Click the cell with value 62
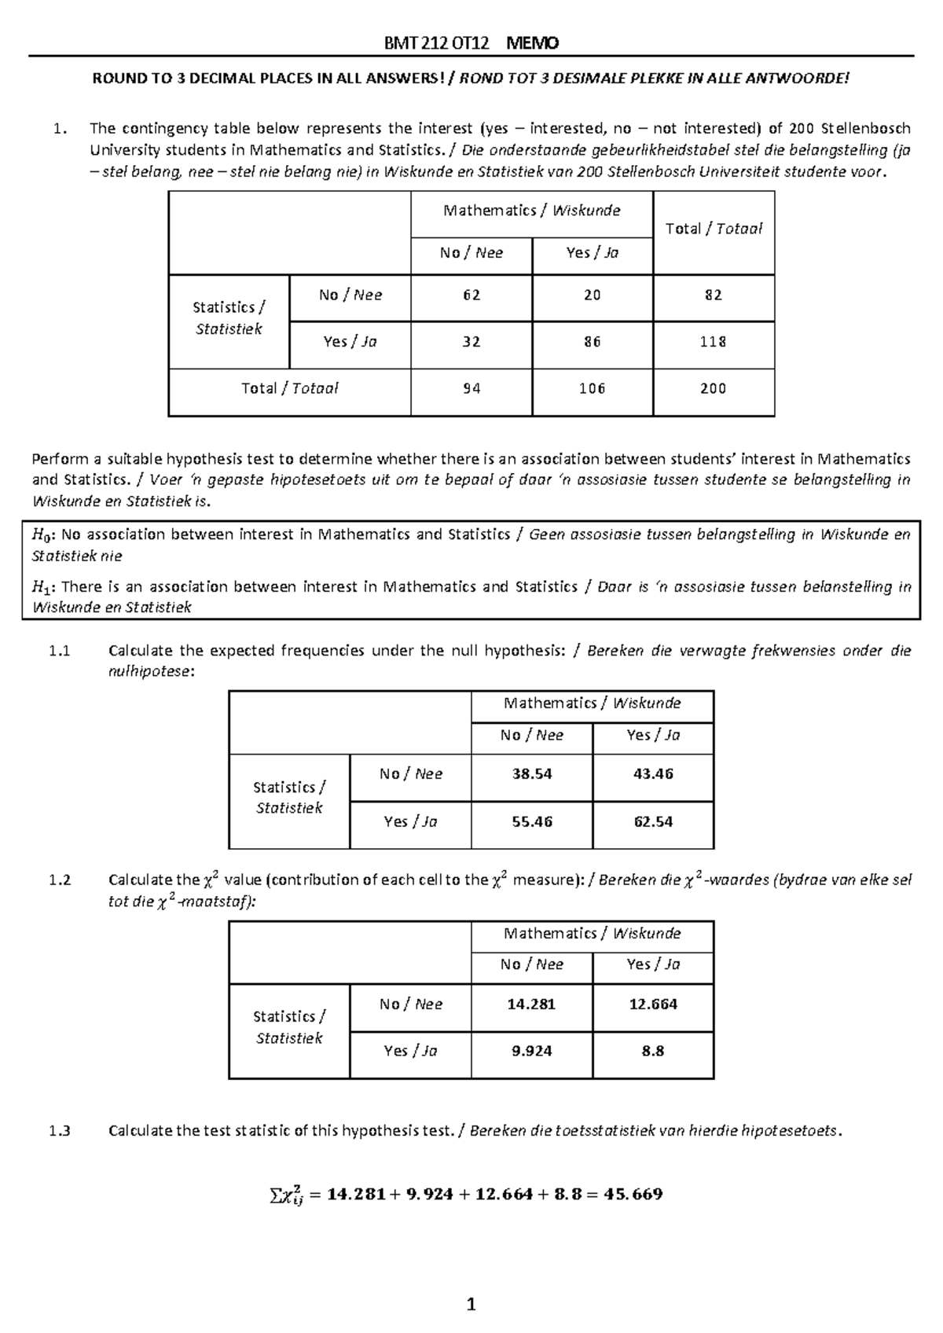(x=472, y=296)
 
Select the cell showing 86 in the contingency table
(x=592, y=342)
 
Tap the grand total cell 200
(x=713, y=388)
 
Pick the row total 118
(x=713, y=342)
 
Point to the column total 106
(x=592, y=388)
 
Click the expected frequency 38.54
(x=532, y=774)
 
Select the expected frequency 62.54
(x=653, y=821)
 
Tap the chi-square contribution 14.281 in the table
(x=532, y=1004)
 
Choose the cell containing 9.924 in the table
(x=532, y=1051)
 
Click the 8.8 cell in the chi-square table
(x=653, y=1051)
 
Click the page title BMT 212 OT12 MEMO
(x=472, y=43)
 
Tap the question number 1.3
(x=59, y=1131)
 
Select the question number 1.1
(x=59, y=651)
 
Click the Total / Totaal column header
(x=713, y=229)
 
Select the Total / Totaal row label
(x=289, y=388)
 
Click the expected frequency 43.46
(x=653, y=774)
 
